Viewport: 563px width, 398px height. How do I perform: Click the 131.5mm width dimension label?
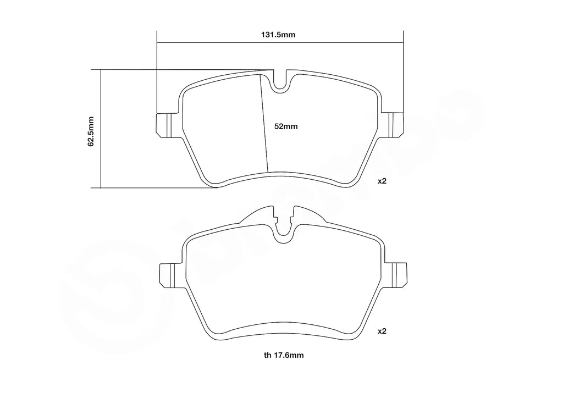click(278, 34)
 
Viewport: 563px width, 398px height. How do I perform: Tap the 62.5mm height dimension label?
click(91, 131)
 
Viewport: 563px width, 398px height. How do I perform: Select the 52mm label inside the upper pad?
click(286, 126)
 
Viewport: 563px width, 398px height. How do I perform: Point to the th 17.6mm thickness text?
click(283, 355)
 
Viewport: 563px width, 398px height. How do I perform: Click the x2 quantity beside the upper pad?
click(382, 181)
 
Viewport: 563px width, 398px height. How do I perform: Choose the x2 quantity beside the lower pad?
click(382, 331)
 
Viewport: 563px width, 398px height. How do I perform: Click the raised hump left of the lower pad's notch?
click(258, 214)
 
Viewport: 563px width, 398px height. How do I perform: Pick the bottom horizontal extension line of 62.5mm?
click(159, 187)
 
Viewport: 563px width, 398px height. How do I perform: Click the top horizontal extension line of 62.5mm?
click(181, 70)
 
